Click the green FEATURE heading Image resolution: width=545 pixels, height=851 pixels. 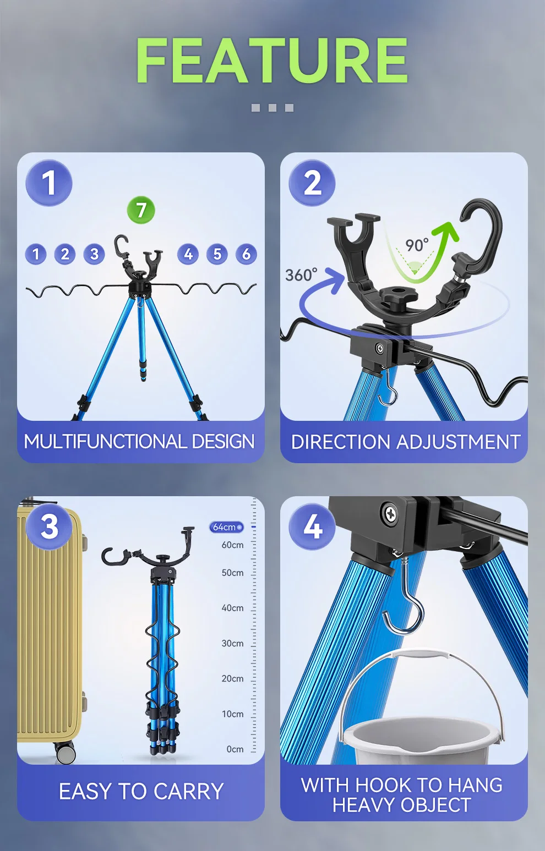[x=272, y=60]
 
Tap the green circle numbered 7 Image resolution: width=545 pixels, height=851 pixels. [x=141, y=210]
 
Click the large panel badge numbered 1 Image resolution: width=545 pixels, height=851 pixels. [x=48, y=183]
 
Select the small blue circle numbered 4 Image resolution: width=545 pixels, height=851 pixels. [x=188, y=254]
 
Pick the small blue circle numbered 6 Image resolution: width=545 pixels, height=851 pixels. [x=246, y=254]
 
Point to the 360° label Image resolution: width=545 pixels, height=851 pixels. [x=301, y=274]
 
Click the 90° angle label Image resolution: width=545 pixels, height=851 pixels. [x=417, y=245]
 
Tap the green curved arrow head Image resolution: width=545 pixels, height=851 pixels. [x=445, y=232]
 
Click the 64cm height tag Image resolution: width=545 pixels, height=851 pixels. [x=226, y=527]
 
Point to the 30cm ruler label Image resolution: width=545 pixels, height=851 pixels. [x=232, y=643]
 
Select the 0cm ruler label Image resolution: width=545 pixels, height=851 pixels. [x=235, y=749]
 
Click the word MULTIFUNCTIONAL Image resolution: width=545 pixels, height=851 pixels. [x=105, y=442]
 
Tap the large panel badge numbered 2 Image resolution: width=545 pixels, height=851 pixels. [x=312, y=183]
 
